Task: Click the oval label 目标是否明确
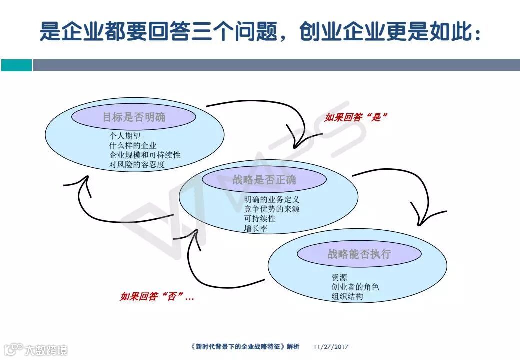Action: coord(134,118)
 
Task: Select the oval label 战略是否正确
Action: coord(264,180)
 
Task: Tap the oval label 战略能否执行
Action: coord(359,254)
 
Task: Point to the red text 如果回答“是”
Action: coord(356,117)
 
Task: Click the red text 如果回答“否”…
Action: coord(157,296)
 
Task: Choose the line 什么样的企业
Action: coord(133,145)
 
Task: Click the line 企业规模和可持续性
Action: coord(145,155)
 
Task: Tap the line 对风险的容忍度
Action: coord(137,164)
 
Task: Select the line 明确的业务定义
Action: coord(272,200)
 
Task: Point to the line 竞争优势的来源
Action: coord(272,209)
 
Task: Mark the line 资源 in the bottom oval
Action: coord(339,277)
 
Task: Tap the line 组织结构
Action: coord(347,296)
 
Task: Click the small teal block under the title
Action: coord(16,65)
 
